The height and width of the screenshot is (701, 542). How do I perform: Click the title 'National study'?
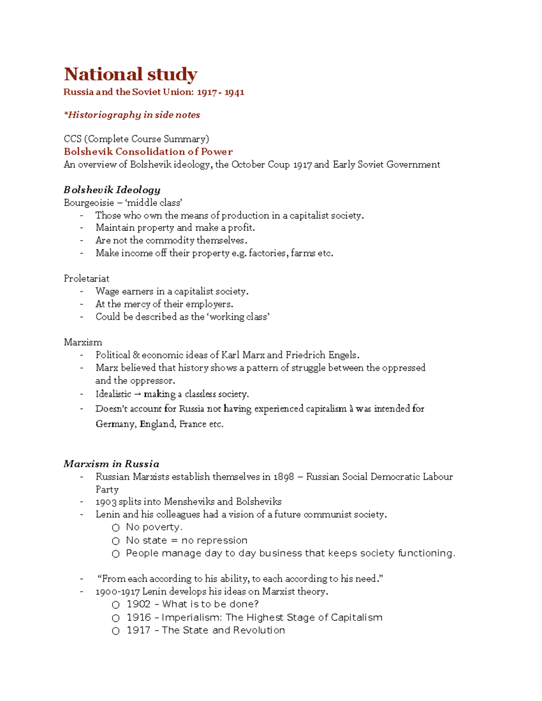coord(131,74)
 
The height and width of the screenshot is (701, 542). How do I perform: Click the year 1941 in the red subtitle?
coord(234,92)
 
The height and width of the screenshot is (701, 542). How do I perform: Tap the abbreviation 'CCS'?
coord(72,139)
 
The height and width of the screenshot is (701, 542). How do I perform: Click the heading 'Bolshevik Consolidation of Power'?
coord(148,152)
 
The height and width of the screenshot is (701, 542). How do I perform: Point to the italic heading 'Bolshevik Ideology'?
coord(112,190)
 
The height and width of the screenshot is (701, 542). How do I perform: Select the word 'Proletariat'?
coord(86,279)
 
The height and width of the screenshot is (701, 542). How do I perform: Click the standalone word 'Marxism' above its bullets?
coord(83,342)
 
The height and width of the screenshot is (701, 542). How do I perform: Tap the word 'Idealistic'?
coord(113,394)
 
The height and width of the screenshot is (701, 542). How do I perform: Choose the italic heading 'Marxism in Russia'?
coord(111,464)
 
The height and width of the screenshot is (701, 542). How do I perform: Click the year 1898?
coord(284,477)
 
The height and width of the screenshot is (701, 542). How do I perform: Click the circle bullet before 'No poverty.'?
coord(116,528)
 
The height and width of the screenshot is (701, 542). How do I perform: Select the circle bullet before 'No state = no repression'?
coord(116,541)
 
